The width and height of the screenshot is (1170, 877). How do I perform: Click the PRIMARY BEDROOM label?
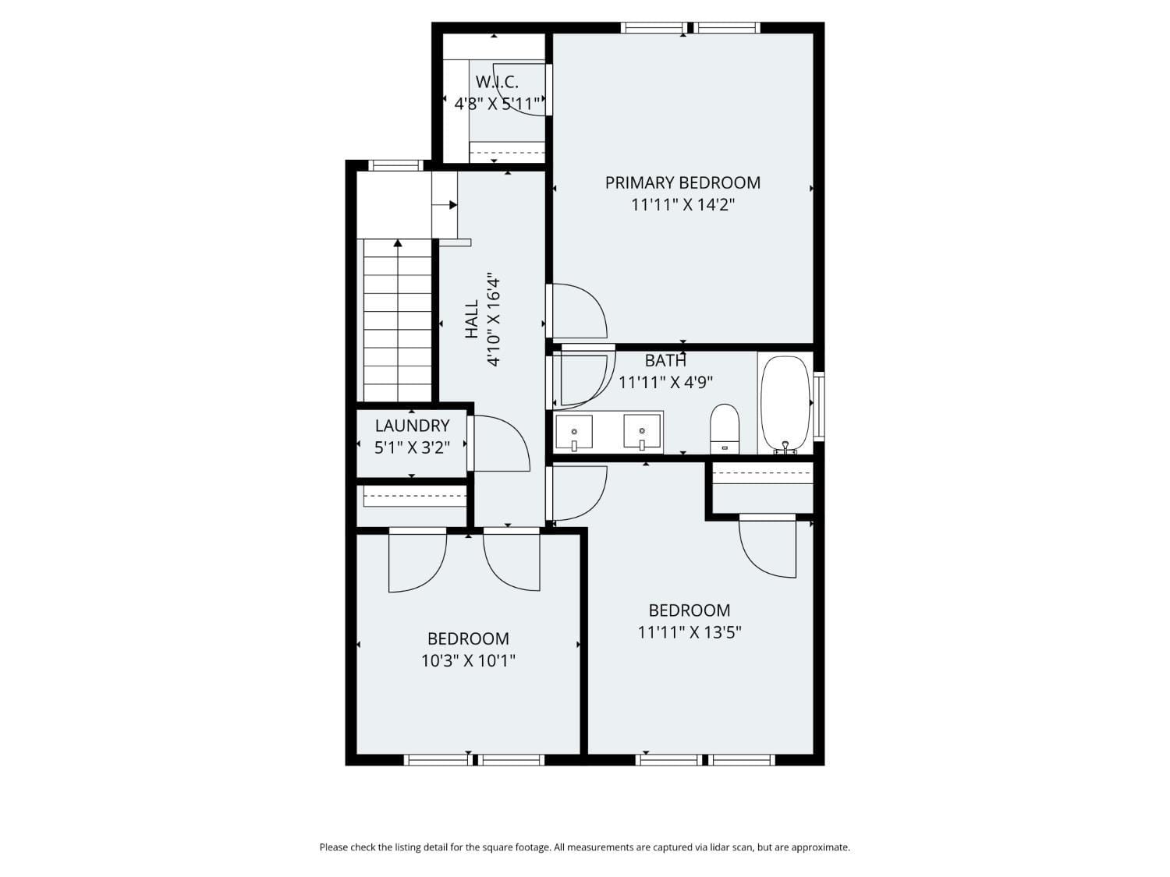pos(682,182)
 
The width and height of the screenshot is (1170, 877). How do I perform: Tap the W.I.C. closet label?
pos(497,82)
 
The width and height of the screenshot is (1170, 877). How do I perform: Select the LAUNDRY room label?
pos(412,426)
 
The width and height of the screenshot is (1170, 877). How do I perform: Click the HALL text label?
pos(472,320)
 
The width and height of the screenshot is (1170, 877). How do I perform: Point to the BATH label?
pos(665,361)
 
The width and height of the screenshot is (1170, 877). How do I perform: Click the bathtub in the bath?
pos(785,403)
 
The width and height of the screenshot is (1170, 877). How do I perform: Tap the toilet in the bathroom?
pos(725,428)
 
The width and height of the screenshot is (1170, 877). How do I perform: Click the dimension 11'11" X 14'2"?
pos(682,205)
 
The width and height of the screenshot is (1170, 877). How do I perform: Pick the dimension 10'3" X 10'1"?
pos(468,661)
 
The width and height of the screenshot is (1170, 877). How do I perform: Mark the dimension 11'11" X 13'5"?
pos(690,632)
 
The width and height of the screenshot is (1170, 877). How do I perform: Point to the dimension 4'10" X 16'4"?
pos(493,320)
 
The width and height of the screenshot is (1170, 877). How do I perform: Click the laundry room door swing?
pos(499,444)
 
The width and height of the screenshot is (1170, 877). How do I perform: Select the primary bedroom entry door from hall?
pos(577,311)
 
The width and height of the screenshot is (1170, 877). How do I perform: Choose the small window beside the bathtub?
pos(818,407)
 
